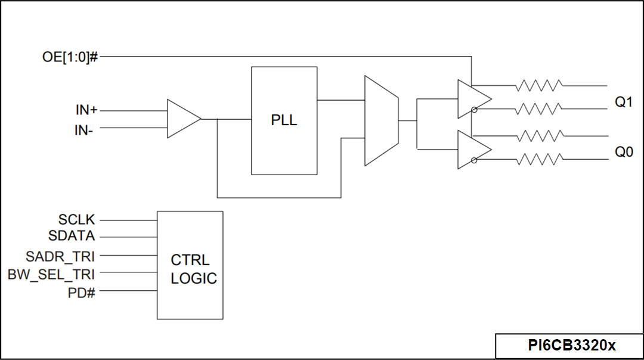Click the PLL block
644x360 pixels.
pos(284,120)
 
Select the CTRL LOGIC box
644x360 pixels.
pos(190,265)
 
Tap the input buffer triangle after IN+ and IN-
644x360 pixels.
pos(182,119)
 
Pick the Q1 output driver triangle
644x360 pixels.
pos(473,99)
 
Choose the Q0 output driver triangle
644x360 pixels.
pos(473,149)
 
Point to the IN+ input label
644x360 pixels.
pos(86,110)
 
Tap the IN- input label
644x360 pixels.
pos(84,129)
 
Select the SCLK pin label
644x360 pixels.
pos(76,219)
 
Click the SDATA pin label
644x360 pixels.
pos(72,236)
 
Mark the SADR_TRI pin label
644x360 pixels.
pos(60,257)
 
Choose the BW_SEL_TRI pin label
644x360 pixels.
pos(51,275)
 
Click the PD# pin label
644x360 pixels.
pos(82,293)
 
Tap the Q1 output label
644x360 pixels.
pos(624,102)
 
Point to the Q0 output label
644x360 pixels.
pos(624,152)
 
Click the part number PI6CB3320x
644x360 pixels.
pos(571,346)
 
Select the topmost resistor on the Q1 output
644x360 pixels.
pos(538,85)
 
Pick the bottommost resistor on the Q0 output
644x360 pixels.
pos(538,159)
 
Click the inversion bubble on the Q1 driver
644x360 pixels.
pos(474,110)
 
